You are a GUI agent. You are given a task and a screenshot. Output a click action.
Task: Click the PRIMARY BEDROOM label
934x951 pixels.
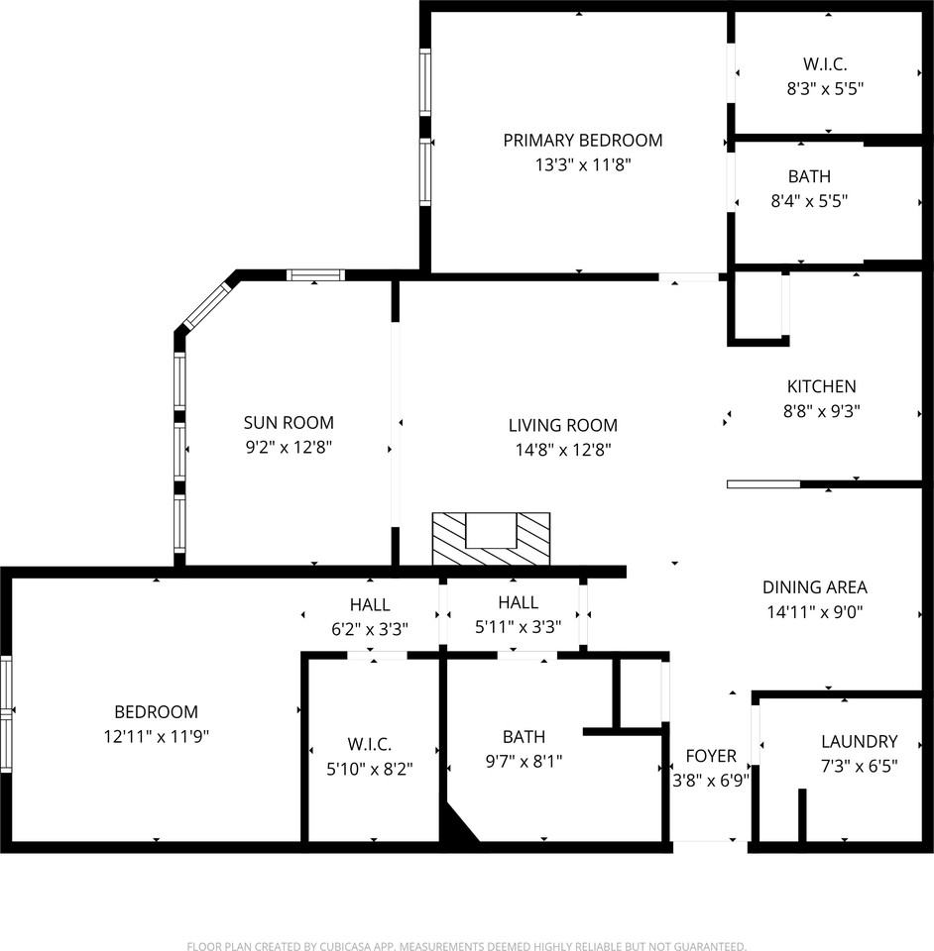point(583,140)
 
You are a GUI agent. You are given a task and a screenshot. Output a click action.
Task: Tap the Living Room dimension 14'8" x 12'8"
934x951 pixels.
point(562,450)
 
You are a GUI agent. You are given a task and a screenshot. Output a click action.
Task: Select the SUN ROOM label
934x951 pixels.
point(289,423)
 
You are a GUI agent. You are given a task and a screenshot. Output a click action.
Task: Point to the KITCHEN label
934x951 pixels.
point(821,386)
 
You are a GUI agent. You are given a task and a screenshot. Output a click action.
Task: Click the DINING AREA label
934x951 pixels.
point(814,587)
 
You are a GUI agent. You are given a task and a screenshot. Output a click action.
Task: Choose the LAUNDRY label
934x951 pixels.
point(859,741)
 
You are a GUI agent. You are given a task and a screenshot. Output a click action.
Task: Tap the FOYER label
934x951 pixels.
point(711,756)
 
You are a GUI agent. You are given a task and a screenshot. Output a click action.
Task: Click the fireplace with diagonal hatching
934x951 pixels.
point(491,539)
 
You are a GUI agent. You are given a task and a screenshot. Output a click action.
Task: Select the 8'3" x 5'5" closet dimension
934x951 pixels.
point(825,89)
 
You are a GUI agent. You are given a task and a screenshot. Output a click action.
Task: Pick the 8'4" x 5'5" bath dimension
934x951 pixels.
point(809,201)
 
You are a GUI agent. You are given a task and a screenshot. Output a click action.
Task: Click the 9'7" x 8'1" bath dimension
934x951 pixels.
point(524,761)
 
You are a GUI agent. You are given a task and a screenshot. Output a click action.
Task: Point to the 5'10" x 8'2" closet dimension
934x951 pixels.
point(370,769)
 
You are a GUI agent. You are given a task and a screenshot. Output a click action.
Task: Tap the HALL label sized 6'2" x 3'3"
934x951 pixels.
point(370,604)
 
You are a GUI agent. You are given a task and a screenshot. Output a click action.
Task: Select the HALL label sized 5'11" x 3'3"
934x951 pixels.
point(518,602)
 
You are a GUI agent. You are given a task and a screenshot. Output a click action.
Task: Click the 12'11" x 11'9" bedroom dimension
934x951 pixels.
point(156,736)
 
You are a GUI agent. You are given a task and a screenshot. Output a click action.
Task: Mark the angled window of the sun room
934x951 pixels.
point(205,306)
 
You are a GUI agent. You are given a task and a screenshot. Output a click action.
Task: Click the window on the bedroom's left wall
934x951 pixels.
point(6,714)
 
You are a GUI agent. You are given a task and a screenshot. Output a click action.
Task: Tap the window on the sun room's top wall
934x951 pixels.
point(315,275)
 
